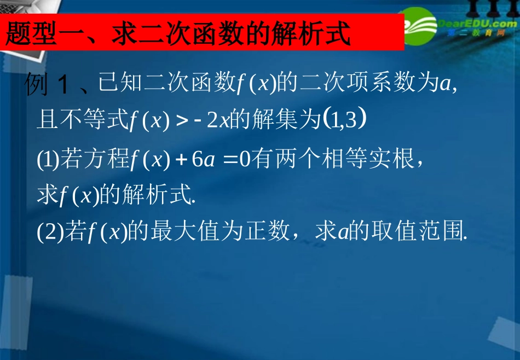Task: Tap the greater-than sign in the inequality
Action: pos(183,121)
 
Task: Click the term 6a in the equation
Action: pos(203,160)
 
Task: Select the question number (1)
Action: pos(46,160)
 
